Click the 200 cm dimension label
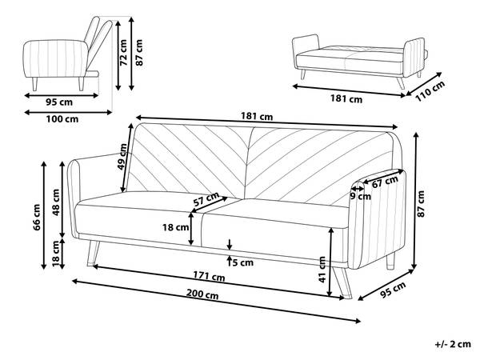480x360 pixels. pos(202,294)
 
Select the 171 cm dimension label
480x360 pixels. pos(209,277)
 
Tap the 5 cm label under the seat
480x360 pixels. pos(243,262)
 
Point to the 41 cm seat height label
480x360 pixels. pos(322,270)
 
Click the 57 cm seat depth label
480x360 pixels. pos(206,199)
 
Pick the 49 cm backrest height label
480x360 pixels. pos(122,157)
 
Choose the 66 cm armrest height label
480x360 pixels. pos(37,218)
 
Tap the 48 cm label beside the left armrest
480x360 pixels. pos(56,202)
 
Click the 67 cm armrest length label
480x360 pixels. pos(385,182)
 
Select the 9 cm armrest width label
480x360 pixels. pos(360,196)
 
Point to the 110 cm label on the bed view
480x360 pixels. pos(430,91)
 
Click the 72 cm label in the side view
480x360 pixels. pos(123,52)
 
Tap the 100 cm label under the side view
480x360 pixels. pos(62,118)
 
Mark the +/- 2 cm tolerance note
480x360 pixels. pos(453,344)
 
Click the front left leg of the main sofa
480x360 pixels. pos(93,253)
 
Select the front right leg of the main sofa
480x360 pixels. pos(343,282)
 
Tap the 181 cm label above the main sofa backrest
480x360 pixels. pos(257,116)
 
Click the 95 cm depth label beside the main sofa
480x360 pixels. pos(393,290)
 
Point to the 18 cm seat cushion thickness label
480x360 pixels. pos(175,227)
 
